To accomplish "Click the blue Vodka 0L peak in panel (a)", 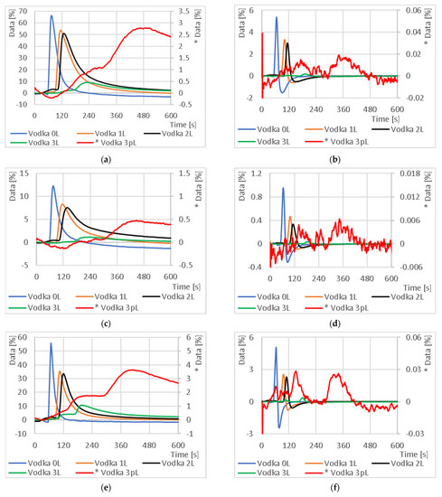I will click(x=51, y=16).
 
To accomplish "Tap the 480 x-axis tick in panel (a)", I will click(x=143, y=116).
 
